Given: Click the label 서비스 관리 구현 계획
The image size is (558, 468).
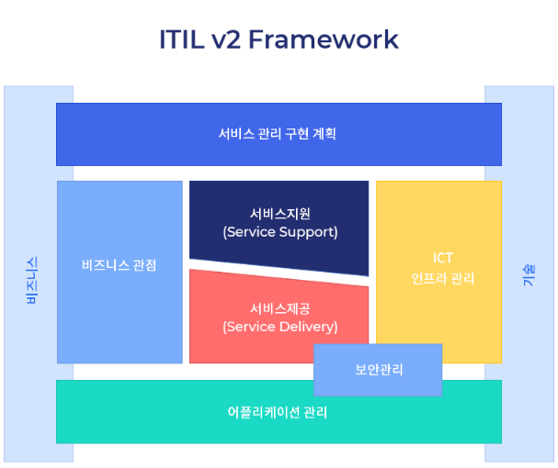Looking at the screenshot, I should tap(278, 134).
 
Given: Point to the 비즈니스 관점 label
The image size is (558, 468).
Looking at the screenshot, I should tap(120, 265).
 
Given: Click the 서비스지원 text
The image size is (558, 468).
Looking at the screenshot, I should tap(279, 213).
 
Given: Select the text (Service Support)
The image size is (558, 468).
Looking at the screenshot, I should tap(279, 232).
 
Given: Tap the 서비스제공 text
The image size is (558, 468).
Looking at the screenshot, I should tap(279, 307).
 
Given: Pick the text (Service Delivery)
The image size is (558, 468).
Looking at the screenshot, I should tap(279, 327).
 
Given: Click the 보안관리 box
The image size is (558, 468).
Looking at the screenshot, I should tap(379, 370).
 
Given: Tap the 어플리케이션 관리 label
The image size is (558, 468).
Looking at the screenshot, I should tap(278, 412).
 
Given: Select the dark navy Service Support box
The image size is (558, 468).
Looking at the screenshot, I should tap(279, 248).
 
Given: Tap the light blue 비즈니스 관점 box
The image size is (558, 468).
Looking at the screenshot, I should tap(120, 312).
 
